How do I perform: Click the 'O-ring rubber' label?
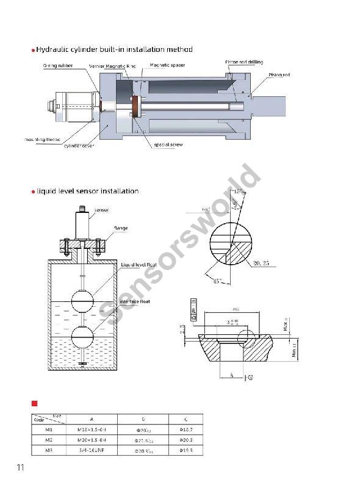57,65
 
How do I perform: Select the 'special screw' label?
168,145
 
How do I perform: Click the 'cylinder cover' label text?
79,145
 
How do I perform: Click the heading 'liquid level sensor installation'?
87,191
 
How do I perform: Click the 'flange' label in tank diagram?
120,228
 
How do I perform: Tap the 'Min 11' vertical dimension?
295,350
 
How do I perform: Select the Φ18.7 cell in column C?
187,429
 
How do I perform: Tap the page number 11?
20,468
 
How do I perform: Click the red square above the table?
35,403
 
